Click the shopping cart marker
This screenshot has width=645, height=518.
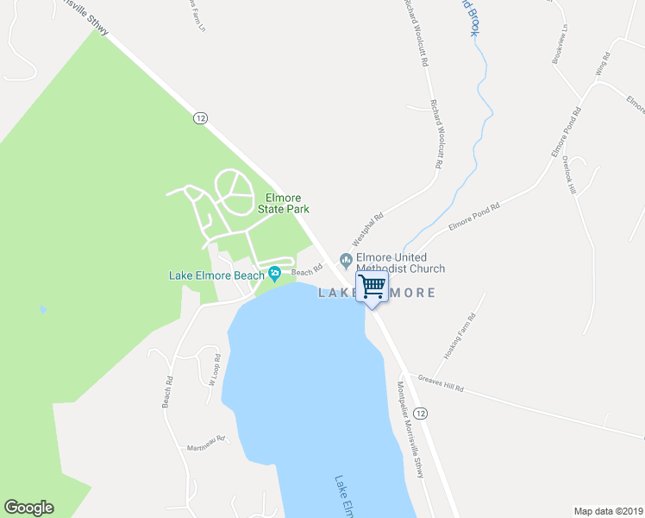point(372,287)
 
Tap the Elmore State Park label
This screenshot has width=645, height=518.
point(284,203)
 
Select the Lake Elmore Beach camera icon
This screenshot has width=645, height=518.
point(274,275)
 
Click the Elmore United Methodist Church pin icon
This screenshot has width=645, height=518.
point(346,258)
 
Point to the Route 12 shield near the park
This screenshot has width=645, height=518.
point(200,117)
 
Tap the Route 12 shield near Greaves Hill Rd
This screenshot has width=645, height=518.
point(420,414)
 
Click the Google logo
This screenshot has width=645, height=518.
point(28,508)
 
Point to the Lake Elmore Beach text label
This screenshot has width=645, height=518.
point(216,276)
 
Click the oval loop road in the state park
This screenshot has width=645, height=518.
point(232,189)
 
